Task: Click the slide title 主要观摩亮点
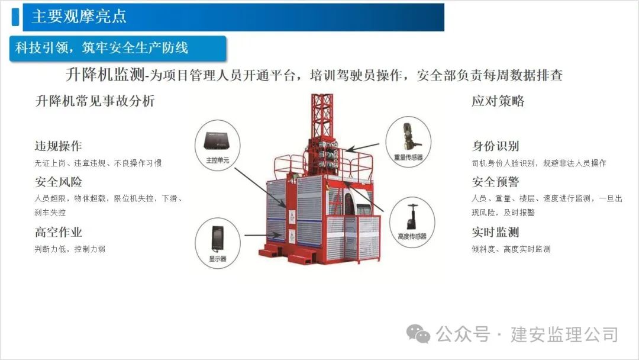tap(79, 17)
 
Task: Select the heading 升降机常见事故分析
tap(95, 101)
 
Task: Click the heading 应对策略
tap(498, 101)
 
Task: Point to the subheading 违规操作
tap(58, 146)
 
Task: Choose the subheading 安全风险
tap(58, 182)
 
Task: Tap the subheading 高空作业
tap(58, 232)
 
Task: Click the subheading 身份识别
tap(495, 146)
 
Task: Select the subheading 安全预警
tap(495, 182)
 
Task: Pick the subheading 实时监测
tap(495, 232)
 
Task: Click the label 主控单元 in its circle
tap(218, 160)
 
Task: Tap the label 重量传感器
tap(408, 157)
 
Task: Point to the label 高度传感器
tap(412, 236)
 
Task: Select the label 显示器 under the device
tap(218, 259)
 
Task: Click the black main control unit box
tap(217, 142)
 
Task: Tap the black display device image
tap(217, 239)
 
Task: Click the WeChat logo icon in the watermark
tap(418, 334)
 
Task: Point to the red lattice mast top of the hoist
tap(322, 116)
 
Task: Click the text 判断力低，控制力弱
tap(70, 249)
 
